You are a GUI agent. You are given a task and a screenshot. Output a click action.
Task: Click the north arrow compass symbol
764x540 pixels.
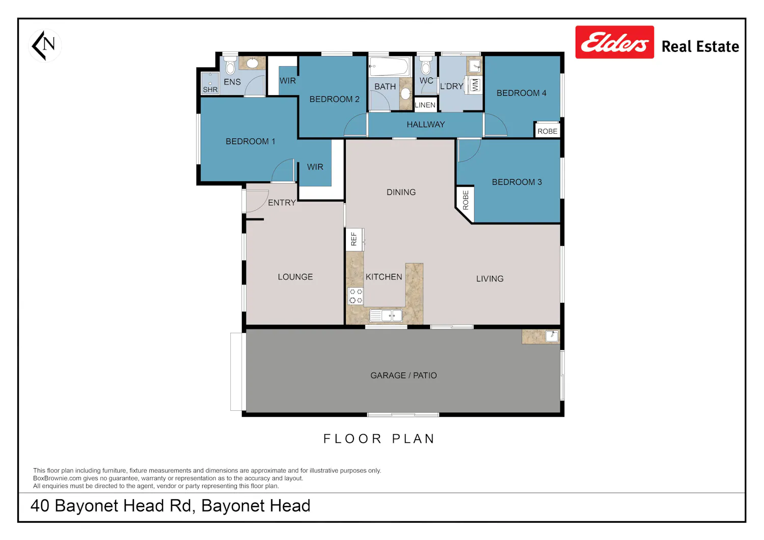(x=45, y=45)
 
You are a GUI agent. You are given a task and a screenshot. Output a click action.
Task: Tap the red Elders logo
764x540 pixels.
(x=614, y=42)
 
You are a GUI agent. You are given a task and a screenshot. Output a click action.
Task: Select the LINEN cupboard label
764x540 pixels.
(x=425, y=105)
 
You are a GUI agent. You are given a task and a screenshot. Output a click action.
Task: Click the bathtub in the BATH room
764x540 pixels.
(x=389, y=67)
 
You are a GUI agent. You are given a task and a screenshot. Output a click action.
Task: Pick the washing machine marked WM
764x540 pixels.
(x=475, y=84)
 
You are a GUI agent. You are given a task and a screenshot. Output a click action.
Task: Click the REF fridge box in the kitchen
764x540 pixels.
(x=354, y=239)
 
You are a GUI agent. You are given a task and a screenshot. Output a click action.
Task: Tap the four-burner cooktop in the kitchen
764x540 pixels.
(x=356, y=296)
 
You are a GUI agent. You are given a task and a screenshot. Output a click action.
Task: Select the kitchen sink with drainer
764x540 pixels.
(x=386, y=316)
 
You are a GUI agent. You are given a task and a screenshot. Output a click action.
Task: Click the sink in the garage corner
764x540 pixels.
(x=552, y=336)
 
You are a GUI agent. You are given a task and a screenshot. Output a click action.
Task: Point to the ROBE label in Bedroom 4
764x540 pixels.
(x=548, y=131)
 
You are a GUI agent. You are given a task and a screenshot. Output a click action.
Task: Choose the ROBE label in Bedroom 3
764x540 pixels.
(x=466, y=200)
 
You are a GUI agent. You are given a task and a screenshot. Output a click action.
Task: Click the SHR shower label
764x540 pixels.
(x=210, y=90)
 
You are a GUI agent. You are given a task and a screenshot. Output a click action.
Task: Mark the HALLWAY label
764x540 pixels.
(x=426, y=124)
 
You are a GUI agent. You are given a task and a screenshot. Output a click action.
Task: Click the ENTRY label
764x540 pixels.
(x=282, y=203)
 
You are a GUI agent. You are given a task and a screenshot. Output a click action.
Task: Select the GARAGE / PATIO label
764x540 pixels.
(x=403, y=375)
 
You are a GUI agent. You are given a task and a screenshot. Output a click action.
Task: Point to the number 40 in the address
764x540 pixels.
(x=40, y=505)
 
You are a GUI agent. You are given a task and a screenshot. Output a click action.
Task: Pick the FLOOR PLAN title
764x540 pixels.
(x=379, y=439)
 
